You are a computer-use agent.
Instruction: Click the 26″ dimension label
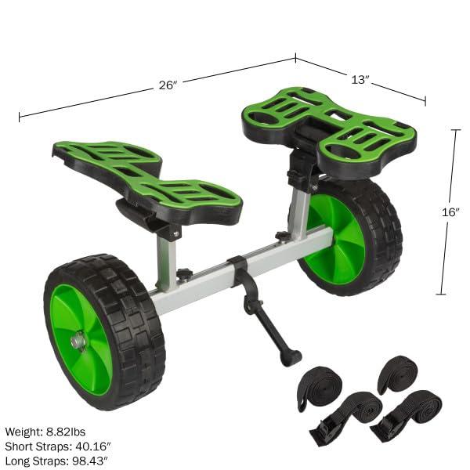point(168,85)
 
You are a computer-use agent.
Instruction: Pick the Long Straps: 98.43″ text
point(57,459)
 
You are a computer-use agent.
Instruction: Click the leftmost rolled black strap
point(318,385)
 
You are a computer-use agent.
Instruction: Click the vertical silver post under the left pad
point(167,262)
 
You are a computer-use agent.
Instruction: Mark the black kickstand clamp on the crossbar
point(239,269)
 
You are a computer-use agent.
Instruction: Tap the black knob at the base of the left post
point(185,274)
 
